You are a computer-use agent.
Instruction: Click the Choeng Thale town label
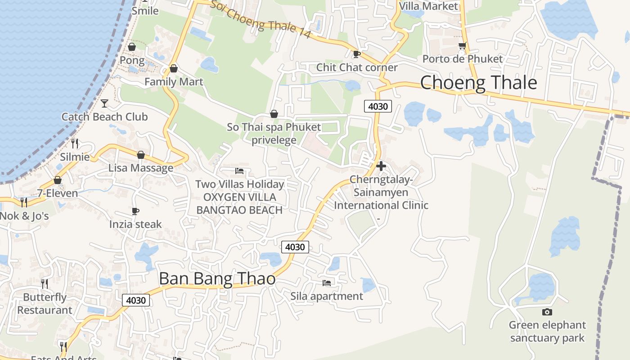coord(478,83)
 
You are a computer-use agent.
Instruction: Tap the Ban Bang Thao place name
coord(217,279)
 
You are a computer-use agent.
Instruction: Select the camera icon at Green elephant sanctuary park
coord(547,312)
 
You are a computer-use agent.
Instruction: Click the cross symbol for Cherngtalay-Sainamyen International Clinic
coord(381,166)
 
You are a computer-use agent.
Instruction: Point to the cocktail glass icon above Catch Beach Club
coord(104,103)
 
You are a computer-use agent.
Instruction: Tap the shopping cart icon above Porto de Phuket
coord(462,46)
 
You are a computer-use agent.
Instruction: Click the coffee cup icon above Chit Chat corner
coord(357,54)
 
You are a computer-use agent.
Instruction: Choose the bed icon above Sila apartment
coord(327,283)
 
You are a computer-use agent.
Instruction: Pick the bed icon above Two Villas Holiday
coord(239,171)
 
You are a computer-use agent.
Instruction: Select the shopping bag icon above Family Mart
coord(174,69)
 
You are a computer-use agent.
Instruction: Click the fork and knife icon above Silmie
coord(75,144)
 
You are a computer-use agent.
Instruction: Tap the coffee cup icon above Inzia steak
coord(135,211)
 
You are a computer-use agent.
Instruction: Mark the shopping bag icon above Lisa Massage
coord(141,155)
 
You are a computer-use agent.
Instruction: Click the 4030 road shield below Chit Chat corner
coord(378,107)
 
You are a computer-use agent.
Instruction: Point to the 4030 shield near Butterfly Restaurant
coord(135,300)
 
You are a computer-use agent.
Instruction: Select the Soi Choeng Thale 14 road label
coord(261,19)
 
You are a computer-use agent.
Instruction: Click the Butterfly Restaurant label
coord(45,304)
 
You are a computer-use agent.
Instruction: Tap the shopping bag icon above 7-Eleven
coord(58,180)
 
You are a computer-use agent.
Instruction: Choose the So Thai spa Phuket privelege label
coord(274,133)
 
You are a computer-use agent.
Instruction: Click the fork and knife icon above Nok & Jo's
coord(23,202)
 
